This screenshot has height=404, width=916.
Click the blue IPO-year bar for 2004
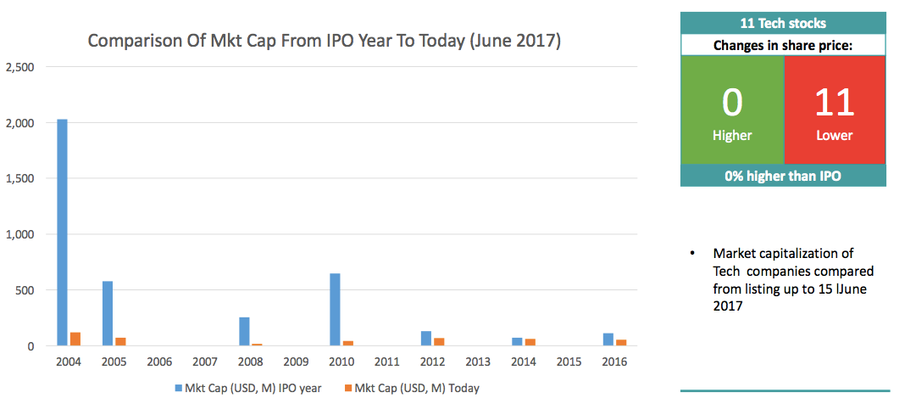pyautogui.click(x=62, y=233)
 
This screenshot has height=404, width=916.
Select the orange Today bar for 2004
pyautogui.click(x=75, y=339)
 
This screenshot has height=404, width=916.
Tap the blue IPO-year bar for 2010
pyautogui.click(x=336, y=310)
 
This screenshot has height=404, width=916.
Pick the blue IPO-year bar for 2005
pyautogui.click(x=108, y=313)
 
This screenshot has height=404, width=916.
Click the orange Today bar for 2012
pyautogui.click(x=440, y=342)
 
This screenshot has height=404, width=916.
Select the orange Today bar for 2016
pyautogui.click(x=621, y=343)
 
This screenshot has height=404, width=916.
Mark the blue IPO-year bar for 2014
pyautogui.click(x=517, y=342)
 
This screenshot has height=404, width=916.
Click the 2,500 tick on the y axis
pyautogui.click(x=20, y=67)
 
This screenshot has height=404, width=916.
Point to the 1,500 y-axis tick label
pyautogui.click(x=20, y=179)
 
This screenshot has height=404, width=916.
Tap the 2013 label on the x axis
pyautogui.click(x=478, y=362)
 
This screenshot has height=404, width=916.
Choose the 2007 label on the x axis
pyautogui.click(x=205, y=362)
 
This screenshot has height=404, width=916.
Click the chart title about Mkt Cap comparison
pyautogui.click(x=325, y=41)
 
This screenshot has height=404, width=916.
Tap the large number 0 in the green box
pyautogui.click(x=732, y=102)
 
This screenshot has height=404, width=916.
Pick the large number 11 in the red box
pyautogui.click(x=835, y=102)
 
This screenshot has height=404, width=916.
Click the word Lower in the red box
pyautogui.click(x=835, y=136)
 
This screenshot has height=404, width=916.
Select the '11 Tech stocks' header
pyautogui.click(x=783, y=23)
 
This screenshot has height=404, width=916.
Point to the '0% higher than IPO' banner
pyautogui.click(x=783, y=176)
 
